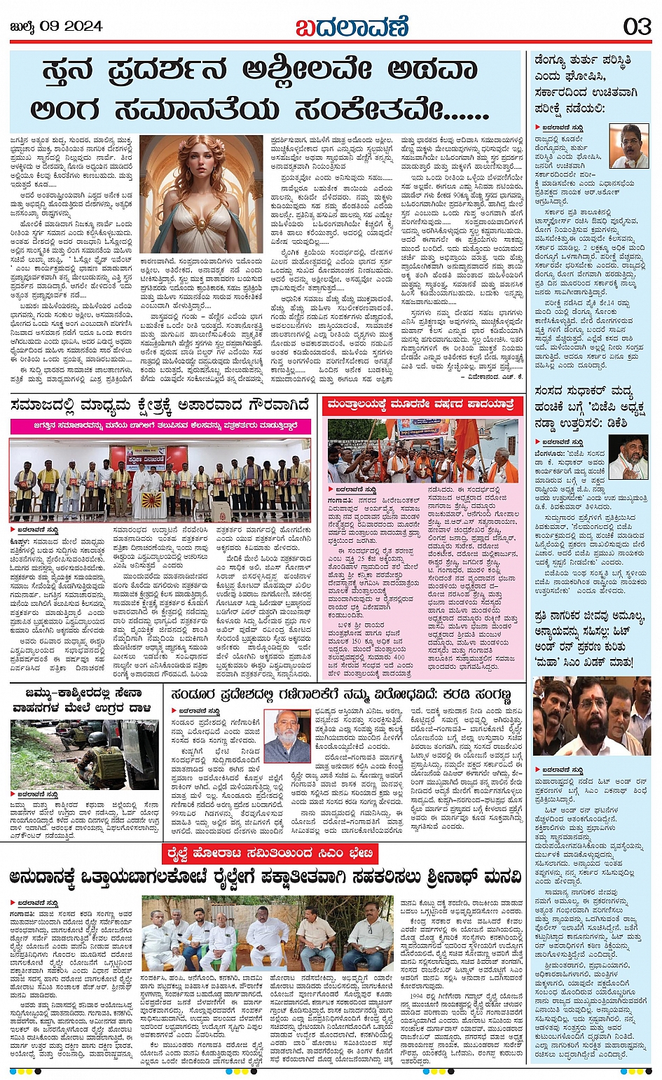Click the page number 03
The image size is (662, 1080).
[x=637, y=27]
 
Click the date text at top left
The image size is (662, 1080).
[x=57, y=27]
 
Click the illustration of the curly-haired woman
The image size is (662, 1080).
[x=201, y=193]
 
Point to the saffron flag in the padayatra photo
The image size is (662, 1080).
[x=465, y=436]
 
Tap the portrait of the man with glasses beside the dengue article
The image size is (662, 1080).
[x=628, y=146]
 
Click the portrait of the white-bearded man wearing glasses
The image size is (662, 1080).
[x=628, y=456]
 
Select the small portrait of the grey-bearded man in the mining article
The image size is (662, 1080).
[x=287, y=736]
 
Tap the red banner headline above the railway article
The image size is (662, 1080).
[x=269, y=854]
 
